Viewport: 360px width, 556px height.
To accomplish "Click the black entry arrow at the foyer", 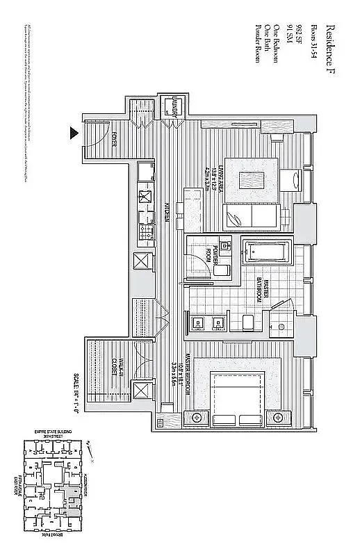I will point(73,132).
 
